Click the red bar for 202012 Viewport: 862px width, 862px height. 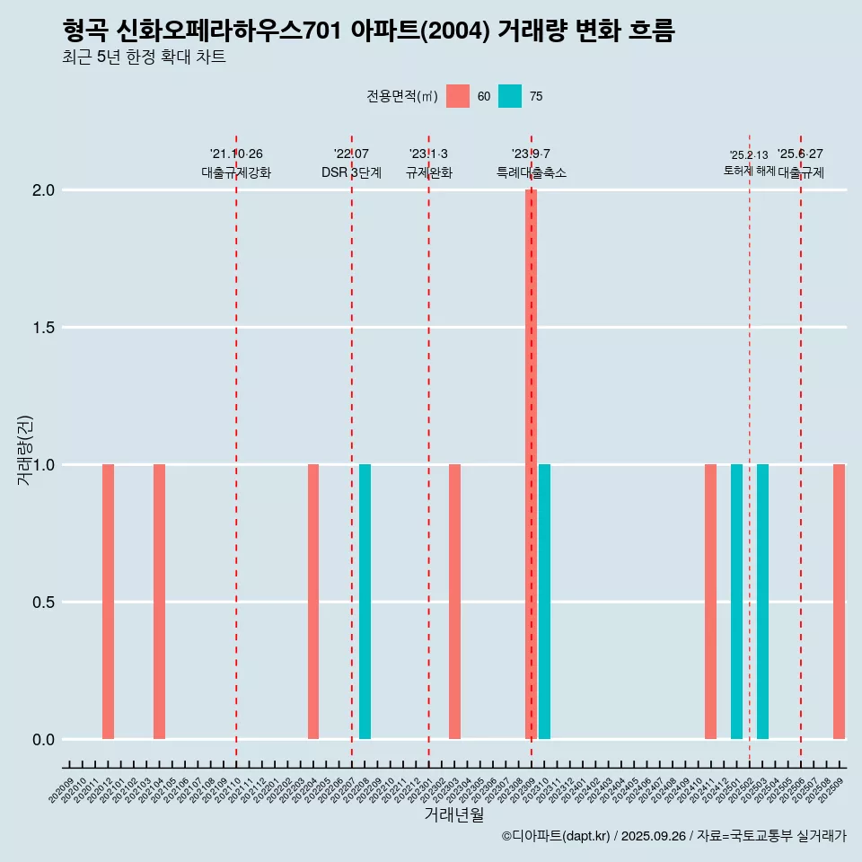[x=108, y=602]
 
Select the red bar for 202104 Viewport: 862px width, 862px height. [x=159, y=602]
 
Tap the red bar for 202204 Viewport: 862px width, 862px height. [x=313, y=602]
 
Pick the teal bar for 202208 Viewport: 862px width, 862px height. [x=365, y=602]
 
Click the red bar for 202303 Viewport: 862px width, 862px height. [x=454, y=602]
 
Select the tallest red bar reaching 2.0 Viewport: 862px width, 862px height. [x=531, y=463]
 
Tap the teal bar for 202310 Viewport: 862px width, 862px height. [x=544, y=602]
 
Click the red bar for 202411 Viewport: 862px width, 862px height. [x=710, y=602]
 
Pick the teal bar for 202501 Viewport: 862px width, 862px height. [x=736, y=602]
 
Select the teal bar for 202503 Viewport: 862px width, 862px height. [x=762, y=602]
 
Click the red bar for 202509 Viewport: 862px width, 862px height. [x=839, y=602]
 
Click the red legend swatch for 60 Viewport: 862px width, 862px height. [x=458, y=96]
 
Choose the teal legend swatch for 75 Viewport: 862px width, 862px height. [x=510, y=96]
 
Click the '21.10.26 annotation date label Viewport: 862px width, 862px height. [x=236, y=154]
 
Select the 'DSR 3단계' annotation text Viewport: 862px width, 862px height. [x=351, y=172]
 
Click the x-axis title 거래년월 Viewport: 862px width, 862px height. [x=453, y=814]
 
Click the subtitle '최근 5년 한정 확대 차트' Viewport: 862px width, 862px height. [x=144, y=57]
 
